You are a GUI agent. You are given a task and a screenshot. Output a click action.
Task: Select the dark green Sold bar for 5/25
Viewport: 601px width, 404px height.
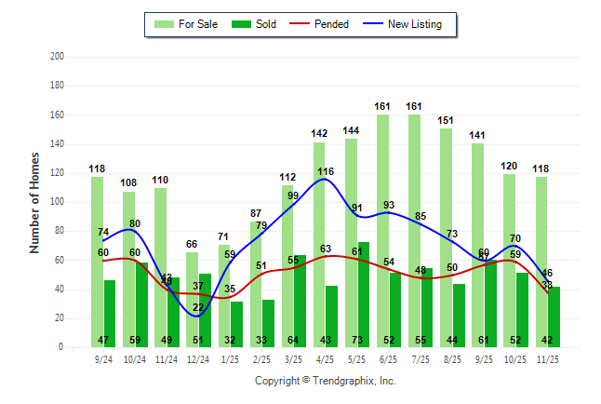[363, 294]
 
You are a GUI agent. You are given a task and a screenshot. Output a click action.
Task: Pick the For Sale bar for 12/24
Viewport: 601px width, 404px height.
[192, 299]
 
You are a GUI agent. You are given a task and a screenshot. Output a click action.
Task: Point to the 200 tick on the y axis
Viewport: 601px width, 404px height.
[58, 57]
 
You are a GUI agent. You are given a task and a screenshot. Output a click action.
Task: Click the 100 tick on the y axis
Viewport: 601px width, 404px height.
[58, 202]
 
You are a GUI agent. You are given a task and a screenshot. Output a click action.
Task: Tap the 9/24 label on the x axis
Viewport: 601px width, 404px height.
[103, 358]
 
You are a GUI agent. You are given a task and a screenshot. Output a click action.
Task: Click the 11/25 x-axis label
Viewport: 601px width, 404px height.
[548, 358]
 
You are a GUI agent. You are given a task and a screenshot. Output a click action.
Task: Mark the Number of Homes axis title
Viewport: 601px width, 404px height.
[35, 202]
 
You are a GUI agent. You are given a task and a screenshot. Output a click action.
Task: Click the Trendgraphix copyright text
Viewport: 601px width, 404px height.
[325, 381]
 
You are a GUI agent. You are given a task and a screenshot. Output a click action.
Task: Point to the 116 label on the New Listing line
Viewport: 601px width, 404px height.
[325, 171]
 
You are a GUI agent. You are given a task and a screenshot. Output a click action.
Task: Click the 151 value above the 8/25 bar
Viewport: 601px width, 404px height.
[446, 120]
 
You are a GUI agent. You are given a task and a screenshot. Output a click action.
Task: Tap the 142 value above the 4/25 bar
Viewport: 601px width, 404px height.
[319, 133]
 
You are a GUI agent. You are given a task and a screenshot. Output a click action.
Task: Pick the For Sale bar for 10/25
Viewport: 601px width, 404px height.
[509, 261]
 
